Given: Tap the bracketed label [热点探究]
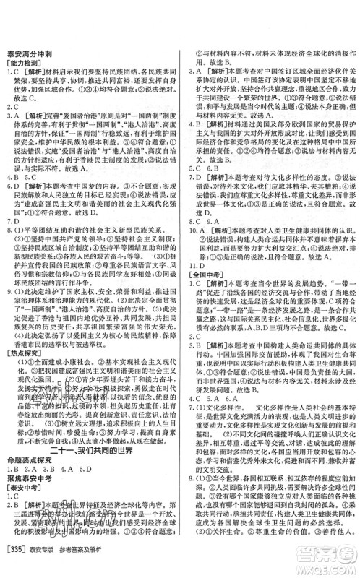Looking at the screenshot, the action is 30,354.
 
